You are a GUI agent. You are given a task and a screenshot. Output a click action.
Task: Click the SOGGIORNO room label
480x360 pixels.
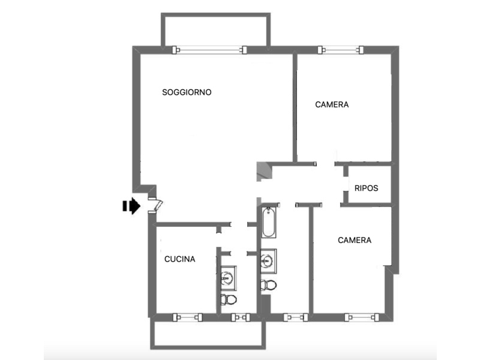pos(187,92)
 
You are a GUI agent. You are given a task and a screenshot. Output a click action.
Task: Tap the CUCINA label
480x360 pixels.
pos(179,259)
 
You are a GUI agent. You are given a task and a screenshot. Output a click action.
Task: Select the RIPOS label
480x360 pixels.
pos(366,188)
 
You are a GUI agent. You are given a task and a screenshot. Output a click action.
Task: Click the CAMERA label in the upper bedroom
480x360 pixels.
pos(332,104)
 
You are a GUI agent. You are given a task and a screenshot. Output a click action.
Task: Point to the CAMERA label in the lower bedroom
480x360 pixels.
pos(355,240)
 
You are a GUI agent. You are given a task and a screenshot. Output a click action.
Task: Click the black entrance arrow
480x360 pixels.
pos(131,206)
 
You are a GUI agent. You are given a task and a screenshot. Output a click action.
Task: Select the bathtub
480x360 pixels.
pos(268,222)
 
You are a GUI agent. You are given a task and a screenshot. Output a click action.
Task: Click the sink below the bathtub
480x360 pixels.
pos(268,261)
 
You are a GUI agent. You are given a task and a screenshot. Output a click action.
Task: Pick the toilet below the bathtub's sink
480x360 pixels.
pos(268,285)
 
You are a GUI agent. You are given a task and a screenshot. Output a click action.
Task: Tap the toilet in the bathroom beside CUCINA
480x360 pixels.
pos(229,299)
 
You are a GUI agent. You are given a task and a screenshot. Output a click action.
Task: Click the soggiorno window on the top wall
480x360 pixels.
pos(209,50)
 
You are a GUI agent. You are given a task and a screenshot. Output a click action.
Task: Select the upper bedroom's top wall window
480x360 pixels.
pos(340,50)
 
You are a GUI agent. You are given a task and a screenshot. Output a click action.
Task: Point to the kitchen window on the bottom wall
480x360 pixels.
pos(188,317)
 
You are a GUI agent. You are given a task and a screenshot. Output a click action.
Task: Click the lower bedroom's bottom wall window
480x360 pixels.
pos(362,317)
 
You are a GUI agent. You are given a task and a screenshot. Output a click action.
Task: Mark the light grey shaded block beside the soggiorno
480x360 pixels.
pos(264,172)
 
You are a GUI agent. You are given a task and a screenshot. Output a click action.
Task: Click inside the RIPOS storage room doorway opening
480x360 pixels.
pos(346,184)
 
